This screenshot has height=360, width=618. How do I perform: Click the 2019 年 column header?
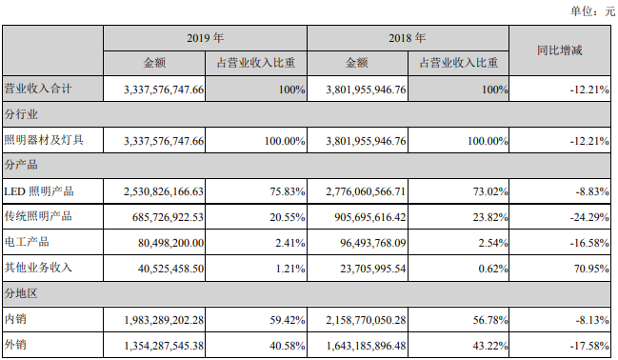pos(205,38)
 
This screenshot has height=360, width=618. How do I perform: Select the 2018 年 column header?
pos(408,38)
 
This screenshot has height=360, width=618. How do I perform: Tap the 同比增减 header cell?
pos(560,50)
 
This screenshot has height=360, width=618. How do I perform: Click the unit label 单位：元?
pos(592,11)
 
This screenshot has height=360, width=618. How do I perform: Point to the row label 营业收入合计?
pos(38,89)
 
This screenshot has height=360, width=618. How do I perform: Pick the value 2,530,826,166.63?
pos(164,191)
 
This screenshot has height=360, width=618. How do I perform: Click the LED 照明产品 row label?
pos(39,191)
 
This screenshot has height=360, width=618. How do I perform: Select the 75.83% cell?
pos(288,191)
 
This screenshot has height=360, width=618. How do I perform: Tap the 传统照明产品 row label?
pos(38,216)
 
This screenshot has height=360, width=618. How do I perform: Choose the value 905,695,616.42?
pos(370,217)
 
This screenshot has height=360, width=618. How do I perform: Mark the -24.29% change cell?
pos(589,217)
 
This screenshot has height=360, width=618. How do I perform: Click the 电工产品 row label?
pos(27,242)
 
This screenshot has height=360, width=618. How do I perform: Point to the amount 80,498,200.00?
pos(171,243)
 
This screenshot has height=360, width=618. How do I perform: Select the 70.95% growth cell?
pos(591,269)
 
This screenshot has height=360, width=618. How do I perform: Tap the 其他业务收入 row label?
pos(38,268)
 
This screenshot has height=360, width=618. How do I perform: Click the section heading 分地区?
pos(21,293)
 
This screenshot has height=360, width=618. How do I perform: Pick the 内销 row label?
pos(15,319)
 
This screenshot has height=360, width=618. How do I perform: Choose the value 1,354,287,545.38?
pos(164,346)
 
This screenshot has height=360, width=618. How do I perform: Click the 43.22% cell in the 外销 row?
pos(490,346)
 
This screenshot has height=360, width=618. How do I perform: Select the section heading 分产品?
pos(21,165)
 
